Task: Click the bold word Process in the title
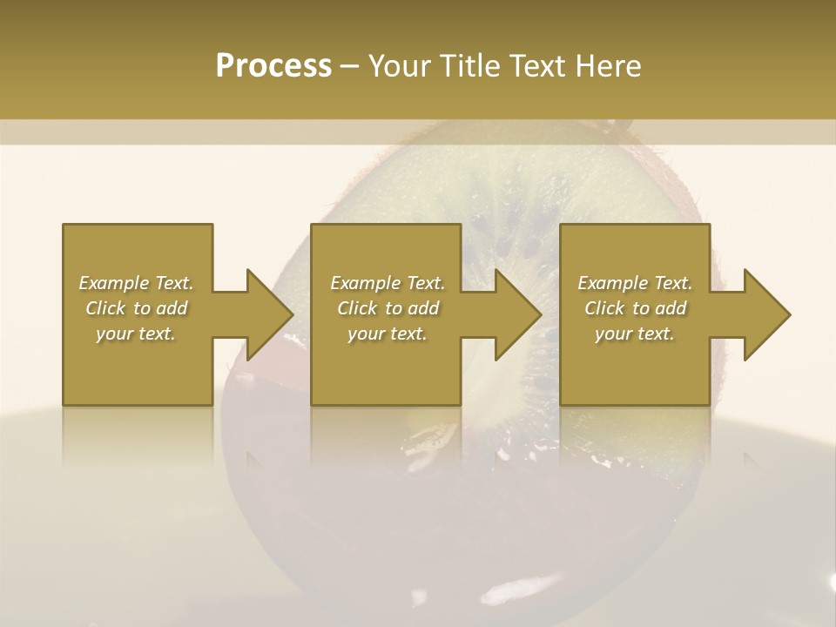(x=273, y=66)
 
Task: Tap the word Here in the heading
(x=606, y=66)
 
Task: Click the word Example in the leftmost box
(x=114, y=283)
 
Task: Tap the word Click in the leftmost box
(x=105, y=308)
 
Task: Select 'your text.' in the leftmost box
(x=136, y=334)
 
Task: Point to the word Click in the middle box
(x=357, y=308)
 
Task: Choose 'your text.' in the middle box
(x=387, y=334)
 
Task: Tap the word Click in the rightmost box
(x=604, y=308)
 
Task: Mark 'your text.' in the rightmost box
(x=634, y=334)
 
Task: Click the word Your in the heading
(x=396, y=66)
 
